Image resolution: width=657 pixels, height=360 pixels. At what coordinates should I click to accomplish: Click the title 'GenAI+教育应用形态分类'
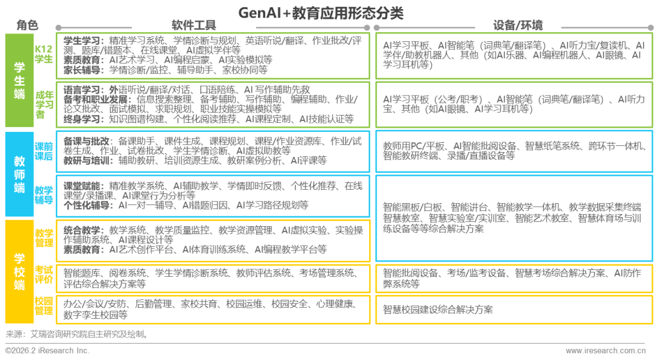pyautogui.click(x=321, y=13)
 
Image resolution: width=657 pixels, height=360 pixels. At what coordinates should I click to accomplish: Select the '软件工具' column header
pyautogui.click(x=194, y=25)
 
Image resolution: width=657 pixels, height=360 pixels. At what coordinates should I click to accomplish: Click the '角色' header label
pyautogui.click(x=27, y=25)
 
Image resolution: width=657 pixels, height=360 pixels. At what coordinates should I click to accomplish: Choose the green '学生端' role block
pyautogui.click(x=19, y=80)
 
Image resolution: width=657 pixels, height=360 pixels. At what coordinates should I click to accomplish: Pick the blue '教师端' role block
pyautogui.click(x=19, y=174)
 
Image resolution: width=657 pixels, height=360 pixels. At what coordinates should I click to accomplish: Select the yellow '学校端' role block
pyautogui.click(x=19, y=271)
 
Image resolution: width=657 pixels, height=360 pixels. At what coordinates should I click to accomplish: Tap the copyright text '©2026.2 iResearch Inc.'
pyautogui.click(x=47, y=351)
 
